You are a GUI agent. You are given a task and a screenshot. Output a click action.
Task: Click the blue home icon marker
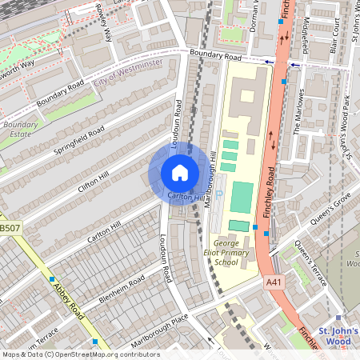coord(180,173)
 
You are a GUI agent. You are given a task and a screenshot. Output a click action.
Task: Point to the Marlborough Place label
coord(160,330)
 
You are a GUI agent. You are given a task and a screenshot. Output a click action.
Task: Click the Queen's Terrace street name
coord(312,264)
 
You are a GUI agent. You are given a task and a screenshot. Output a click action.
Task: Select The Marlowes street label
coord(299,110)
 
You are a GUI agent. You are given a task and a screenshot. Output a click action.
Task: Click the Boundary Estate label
coord(19,130)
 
